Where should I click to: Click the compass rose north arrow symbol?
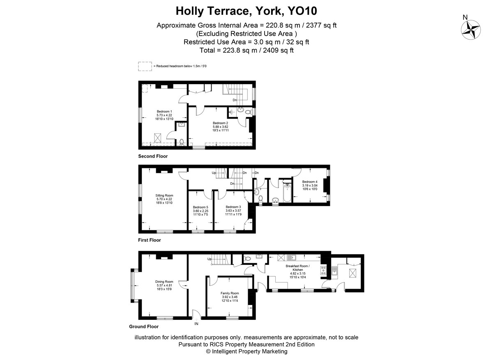coord(470,30)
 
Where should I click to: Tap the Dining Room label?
coord(164,282)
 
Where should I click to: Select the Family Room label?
coord(230,293)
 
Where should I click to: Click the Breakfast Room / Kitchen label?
coord(297,268)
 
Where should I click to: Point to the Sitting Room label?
coord(164,195)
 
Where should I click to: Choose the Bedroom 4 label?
coord(310,182)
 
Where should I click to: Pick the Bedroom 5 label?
coord(200,207)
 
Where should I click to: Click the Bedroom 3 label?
coord(233,207)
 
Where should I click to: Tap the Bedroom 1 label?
coord(164,111)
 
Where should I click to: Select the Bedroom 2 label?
coord(220,123)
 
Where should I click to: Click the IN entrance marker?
coord(196,324)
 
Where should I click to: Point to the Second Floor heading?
coord(153,156)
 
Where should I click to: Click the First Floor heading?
coord(150,240)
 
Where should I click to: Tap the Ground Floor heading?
coord(144,326)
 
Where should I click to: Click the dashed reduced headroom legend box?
coord(145,66)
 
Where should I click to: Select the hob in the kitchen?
coord(323,270)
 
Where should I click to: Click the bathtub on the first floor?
coord(287,193)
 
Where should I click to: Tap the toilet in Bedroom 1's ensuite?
coord(182,142)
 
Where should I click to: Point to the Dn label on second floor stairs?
coord(235,100)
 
